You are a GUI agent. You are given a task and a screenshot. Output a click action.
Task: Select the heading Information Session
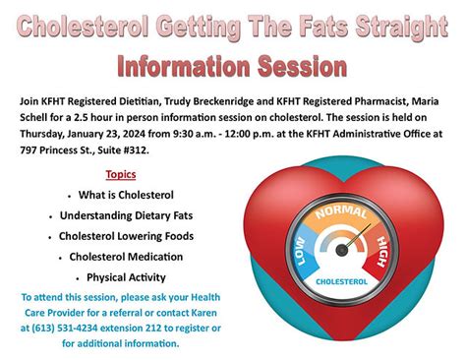click(x=232, y=65)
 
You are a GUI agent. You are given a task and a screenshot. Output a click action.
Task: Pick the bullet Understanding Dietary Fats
click(x=121, y=215)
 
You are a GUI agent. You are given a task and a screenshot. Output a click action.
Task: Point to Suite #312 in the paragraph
click(x=131, y=152)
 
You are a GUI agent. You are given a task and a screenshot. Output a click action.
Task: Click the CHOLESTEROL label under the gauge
click(x=341, y=281)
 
